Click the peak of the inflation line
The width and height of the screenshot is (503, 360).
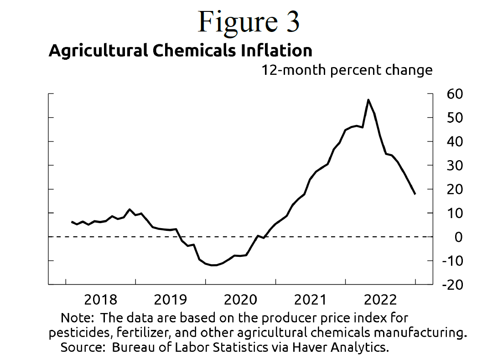tap(368, 99)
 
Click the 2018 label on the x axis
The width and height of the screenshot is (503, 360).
tap(101, 300)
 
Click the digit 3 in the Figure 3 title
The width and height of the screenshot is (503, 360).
tap(290, 22)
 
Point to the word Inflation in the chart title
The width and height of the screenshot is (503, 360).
tap(275, 50)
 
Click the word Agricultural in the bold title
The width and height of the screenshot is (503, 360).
tap(98, 50)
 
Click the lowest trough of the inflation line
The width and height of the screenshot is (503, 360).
tap(213, 265)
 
